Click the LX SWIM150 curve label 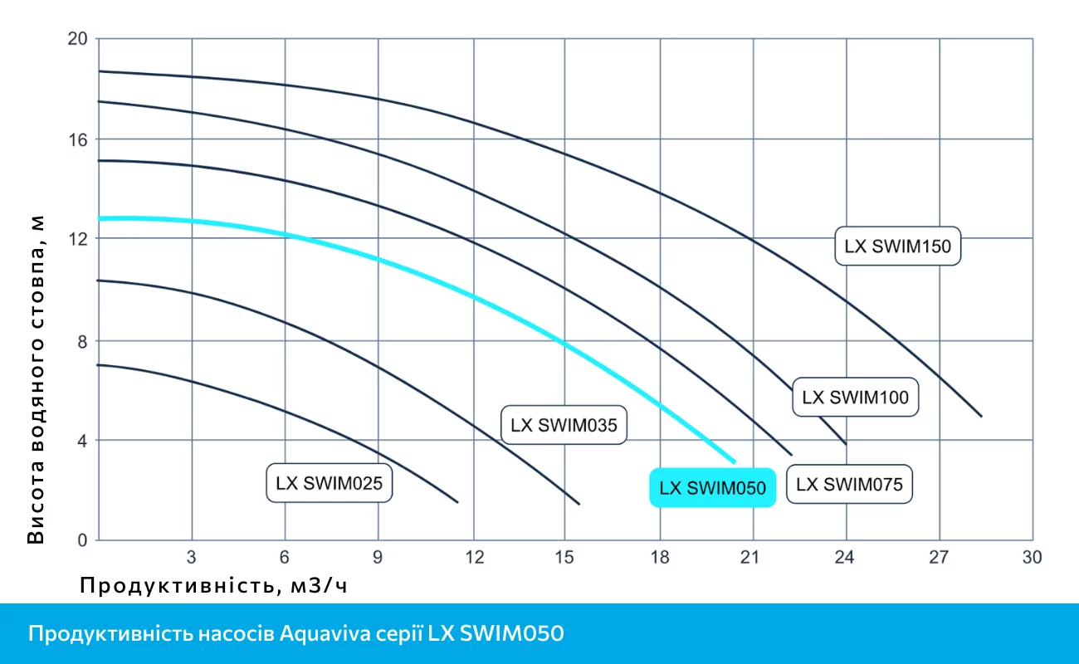pos(897,246)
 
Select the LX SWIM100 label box pos(855,397)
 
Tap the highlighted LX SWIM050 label pos(712,488)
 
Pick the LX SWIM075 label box pos(849,484)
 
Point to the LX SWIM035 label pos(564,426)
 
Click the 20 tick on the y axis pos(76,39)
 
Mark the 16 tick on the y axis pos(76,139)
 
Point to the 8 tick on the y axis pos(81,341)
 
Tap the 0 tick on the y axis pos(81,540)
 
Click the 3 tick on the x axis pos(192,557)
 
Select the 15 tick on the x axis pos(564,557)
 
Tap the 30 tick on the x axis pos(1032,557)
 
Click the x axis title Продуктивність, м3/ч pos(213,586)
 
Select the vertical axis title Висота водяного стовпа pos(36,378)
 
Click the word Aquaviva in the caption pos(319,634)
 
